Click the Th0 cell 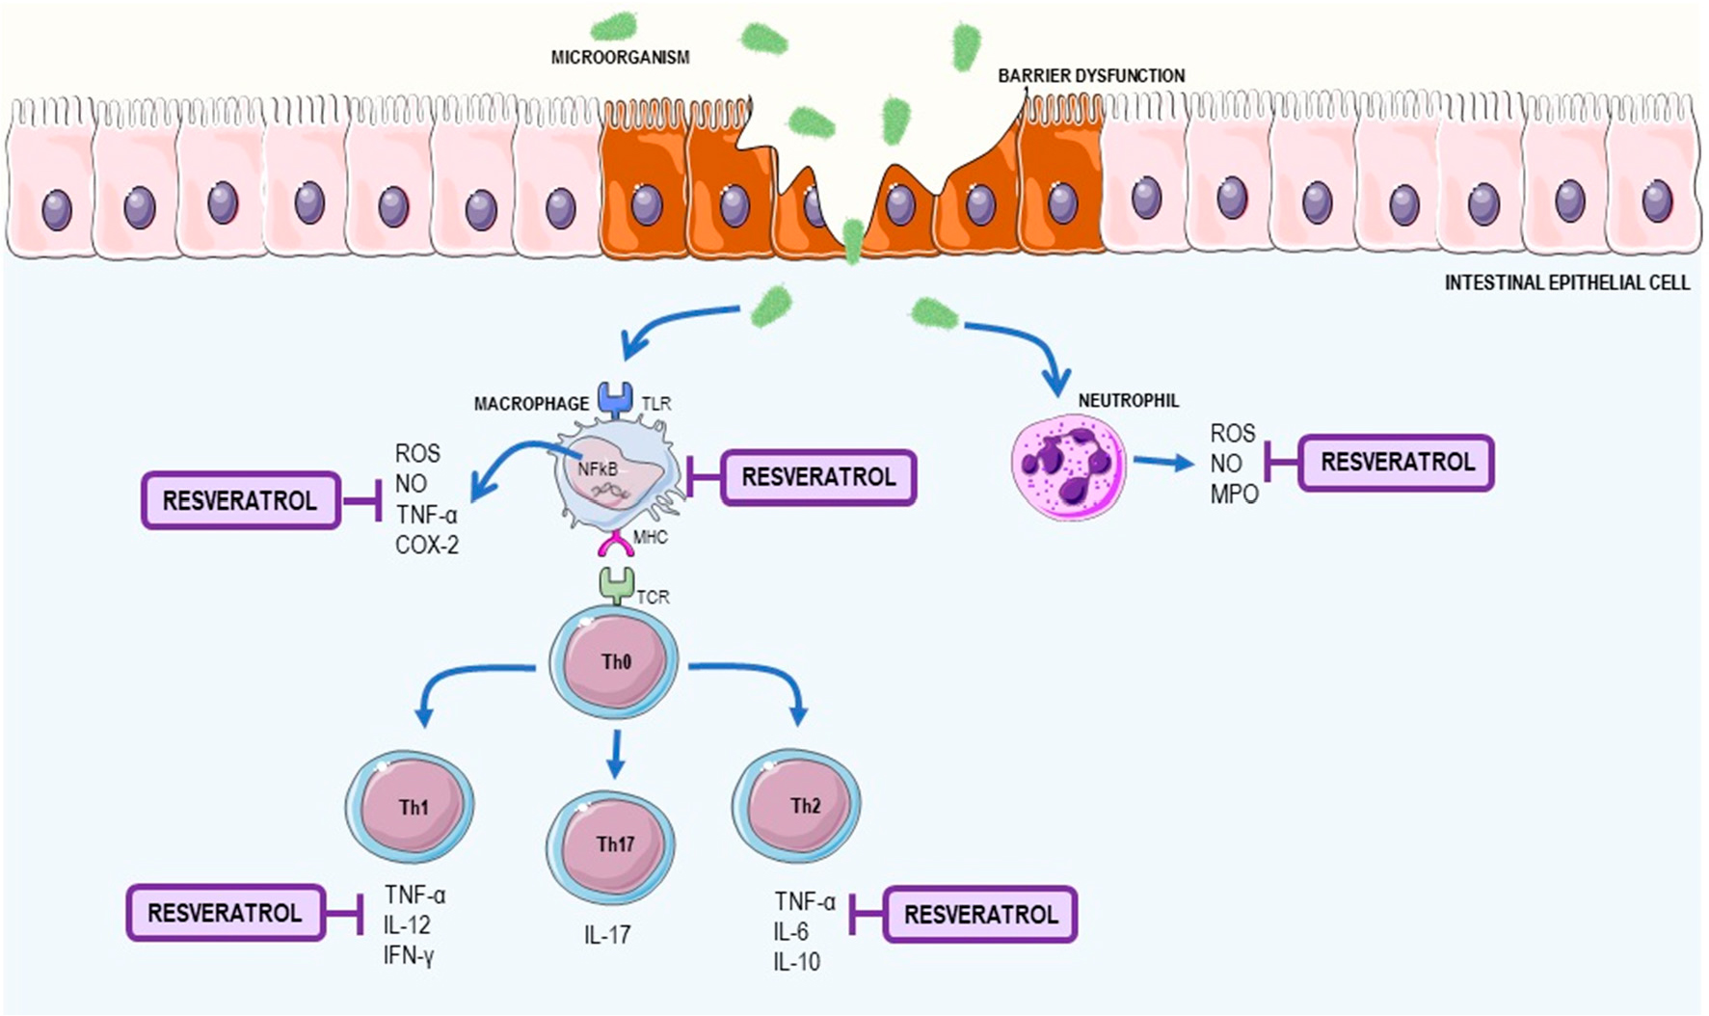tap(614, 662)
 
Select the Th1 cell tap(411, 806)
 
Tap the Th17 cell tap(611, 845)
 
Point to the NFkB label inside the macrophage tap(598, 469)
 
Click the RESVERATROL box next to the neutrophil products tap(1397, 463)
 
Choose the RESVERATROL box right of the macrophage tap(818, 477)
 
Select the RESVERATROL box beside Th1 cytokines tap(226, 913)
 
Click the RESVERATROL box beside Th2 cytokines tap(980, 915)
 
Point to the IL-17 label tap(607, 934)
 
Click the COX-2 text tap(427, 545)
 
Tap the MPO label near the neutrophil tap(1235, 495)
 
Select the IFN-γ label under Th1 tap(409, 955)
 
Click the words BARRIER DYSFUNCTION tap(1091, 75)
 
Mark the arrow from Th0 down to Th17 tap(616, 754)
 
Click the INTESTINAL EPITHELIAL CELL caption tap(1566, 282)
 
